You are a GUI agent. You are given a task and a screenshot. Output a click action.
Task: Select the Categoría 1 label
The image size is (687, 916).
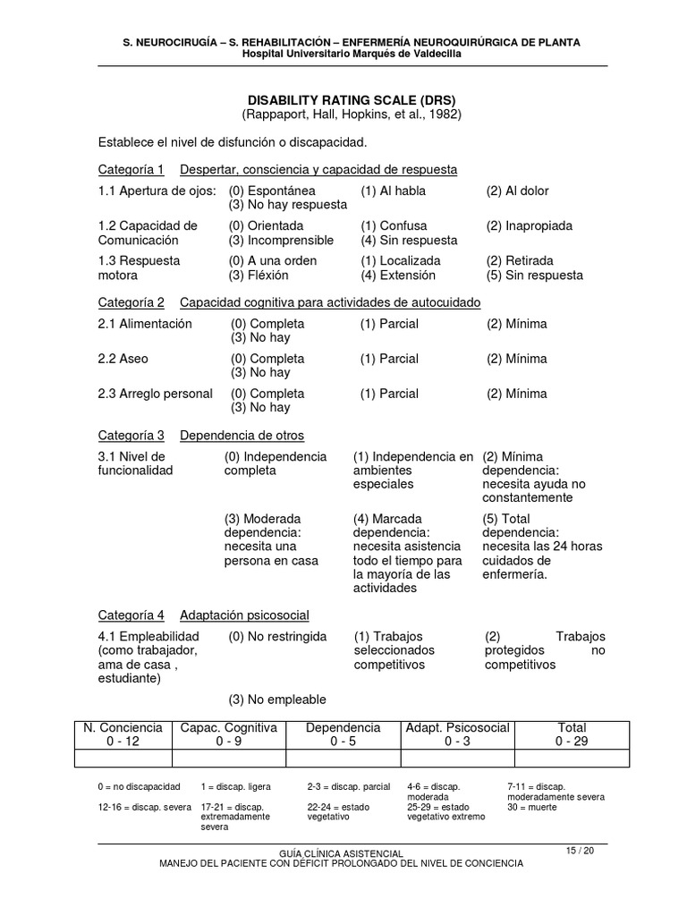point(131,169)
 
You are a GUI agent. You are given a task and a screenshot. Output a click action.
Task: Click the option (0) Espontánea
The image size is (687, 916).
point(272,191)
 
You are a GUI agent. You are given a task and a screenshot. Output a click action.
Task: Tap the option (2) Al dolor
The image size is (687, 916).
point(518,191)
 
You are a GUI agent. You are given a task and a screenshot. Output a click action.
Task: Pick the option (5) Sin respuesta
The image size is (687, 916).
point(534,275)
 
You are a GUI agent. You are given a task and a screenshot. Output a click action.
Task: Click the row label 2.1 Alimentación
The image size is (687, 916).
point(145,324)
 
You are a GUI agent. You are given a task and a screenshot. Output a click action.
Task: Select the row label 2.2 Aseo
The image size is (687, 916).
point(123,359)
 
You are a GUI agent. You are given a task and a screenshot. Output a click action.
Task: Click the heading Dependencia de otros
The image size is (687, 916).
point(242,436)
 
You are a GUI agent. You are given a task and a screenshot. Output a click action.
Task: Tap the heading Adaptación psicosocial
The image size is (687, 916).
point(244,615)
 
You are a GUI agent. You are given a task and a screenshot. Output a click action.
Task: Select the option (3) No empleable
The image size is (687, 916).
point(275,700)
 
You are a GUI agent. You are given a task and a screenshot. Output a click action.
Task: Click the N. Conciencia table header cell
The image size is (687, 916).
point(123,734)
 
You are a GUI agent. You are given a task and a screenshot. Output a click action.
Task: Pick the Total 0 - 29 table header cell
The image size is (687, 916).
point(571,734)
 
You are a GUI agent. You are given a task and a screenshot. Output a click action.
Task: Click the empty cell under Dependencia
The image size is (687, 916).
point(343,759)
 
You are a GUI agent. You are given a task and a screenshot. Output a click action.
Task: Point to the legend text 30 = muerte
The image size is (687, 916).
point(531,807)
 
